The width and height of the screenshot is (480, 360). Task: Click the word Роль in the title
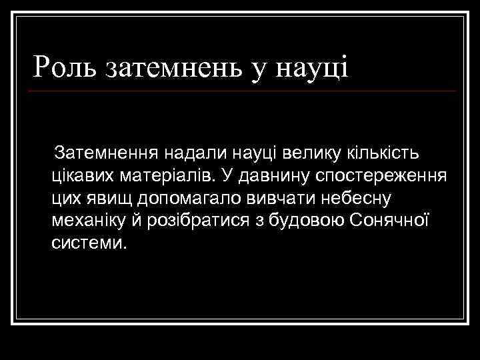coord(65,67)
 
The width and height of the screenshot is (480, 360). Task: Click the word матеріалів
coord(167,176)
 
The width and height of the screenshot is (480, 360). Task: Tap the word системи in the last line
coord(87,242)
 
